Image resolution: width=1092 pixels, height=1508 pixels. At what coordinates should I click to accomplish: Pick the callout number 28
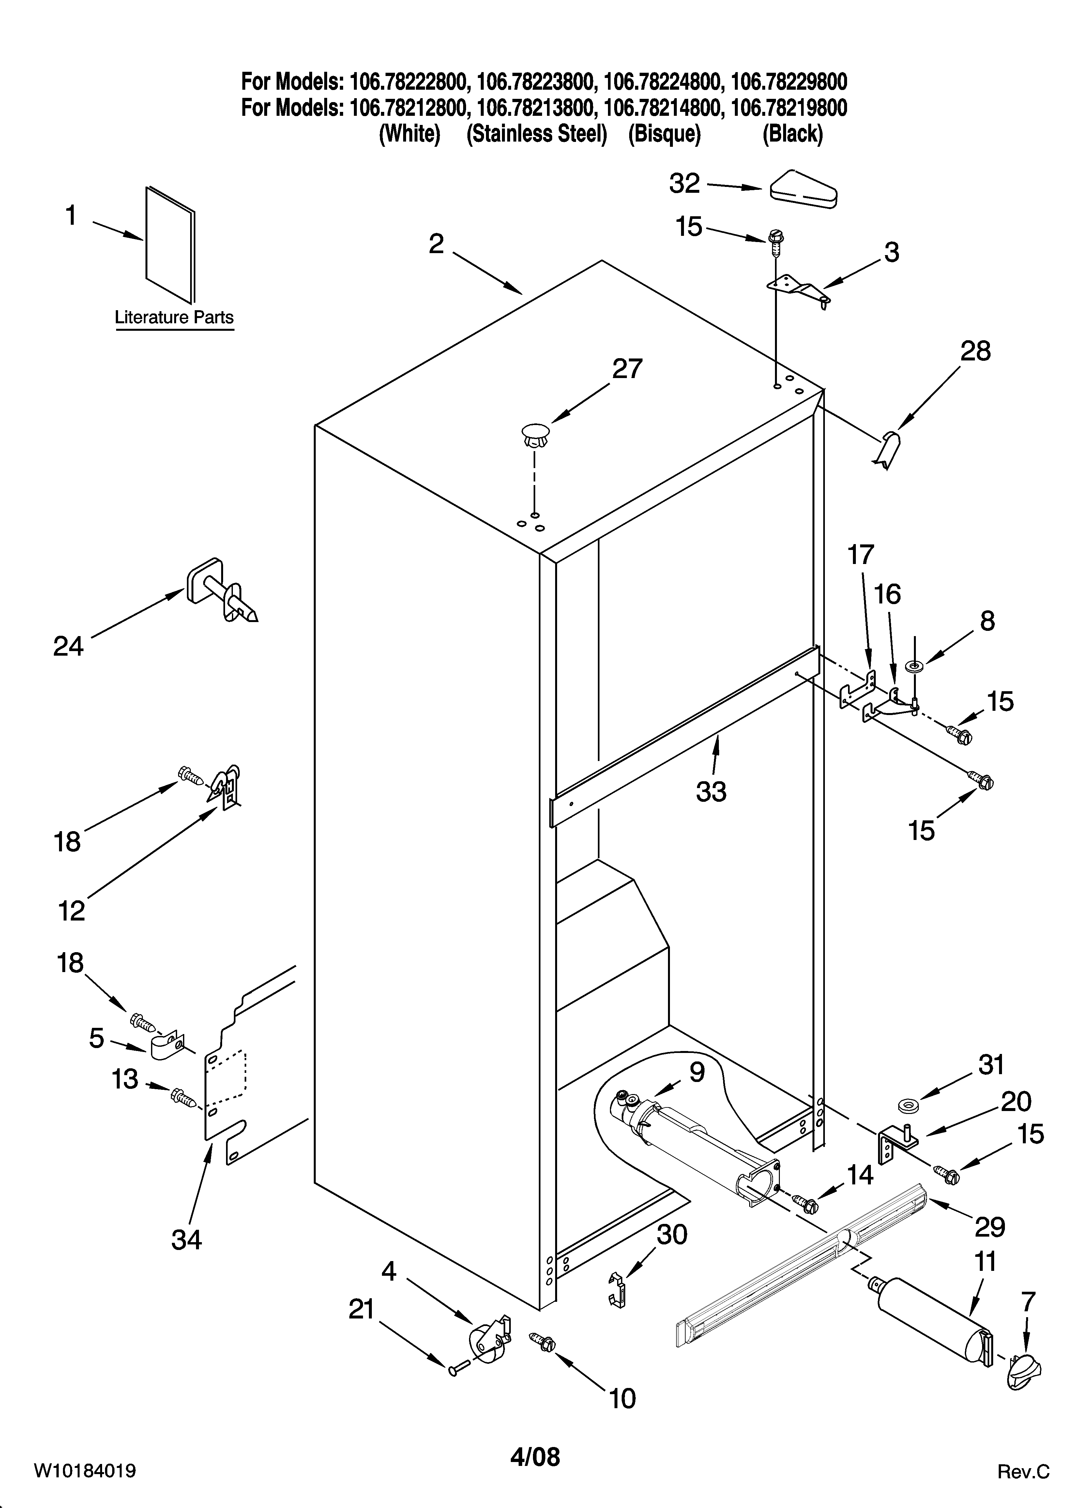pos(975,351)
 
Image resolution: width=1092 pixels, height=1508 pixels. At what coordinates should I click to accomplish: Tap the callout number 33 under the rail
pos(711,791)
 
